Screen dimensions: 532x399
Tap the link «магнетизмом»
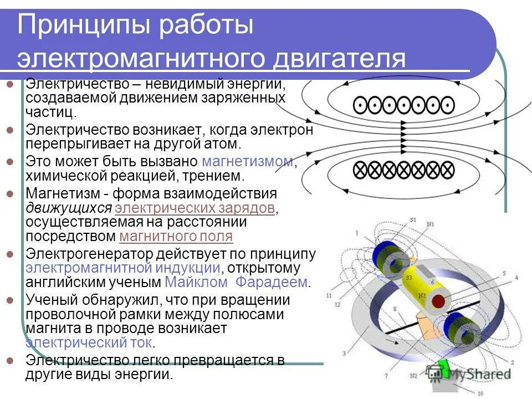[x=247, y=162]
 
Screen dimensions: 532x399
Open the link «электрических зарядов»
[x=195, y=208]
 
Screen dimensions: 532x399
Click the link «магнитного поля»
[x=176, y=237]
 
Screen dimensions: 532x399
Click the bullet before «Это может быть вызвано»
[x=9, y=162]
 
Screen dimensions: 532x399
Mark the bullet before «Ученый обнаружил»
[x=9, y=300]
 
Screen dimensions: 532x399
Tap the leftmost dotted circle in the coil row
[x=360, y=104]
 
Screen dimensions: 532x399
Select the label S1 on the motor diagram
[x=413, y=220]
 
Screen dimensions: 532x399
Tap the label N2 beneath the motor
[x=413, y=376]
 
